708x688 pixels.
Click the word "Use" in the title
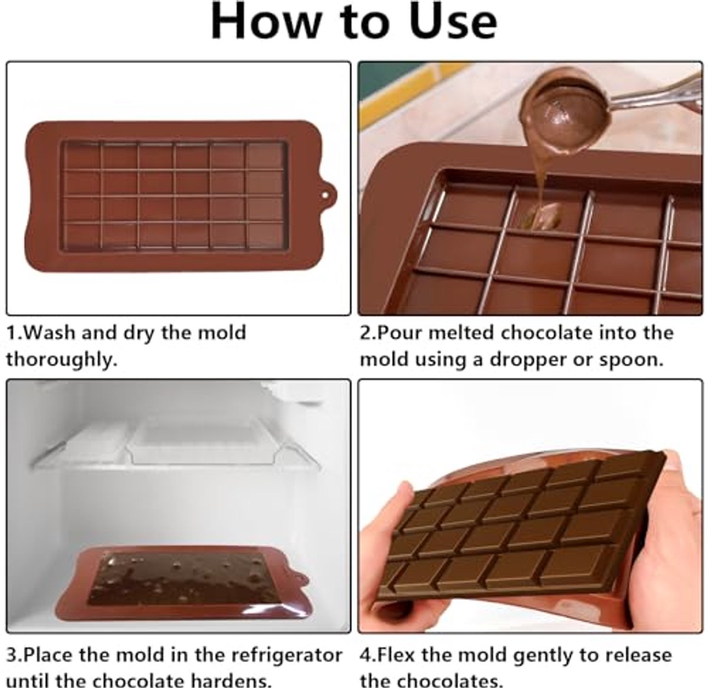point(453,21)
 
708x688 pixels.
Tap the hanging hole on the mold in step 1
point(324,196)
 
